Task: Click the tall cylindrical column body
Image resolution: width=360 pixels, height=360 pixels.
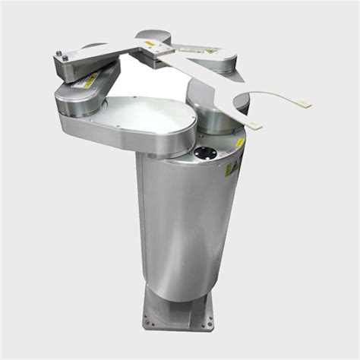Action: [x=182, y=228]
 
